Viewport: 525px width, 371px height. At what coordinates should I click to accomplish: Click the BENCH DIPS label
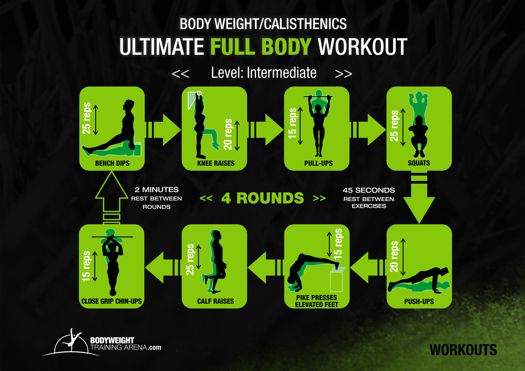[112, 163]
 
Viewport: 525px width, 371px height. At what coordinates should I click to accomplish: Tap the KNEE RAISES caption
[216, 163]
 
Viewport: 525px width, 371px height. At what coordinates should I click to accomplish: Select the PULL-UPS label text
[318, 163]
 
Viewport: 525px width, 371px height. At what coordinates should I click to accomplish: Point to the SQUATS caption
[419, 163]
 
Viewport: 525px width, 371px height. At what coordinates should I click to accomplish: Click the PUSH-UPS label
[419, 302]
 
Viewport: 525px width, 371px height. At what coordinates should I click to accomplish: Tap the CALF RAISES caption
[216, 301]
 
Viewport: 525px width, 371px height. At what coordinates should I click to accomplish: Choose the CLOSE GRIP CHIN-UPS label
[112, 301]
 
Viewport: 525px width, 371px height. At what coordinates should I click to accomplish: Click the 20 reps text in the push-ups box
[394, 257]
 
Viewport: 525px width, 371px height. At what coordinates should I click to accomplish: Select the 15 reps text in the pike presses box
[338, 244]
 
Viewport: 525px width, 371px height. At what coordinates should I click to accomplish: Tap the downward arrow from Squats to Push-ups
[419, 200]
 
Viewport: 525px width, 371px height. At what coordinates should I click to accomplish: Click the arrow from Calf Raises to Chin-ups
[162, 267]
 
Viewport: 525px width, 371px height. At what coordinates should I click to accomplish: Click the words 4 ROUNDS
[262, 198]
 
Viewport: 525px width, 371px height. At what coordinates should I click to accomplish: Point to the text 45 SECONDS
[369, 190]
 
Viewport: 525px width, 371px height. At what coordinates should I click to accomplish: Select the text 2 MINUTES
[157, 190]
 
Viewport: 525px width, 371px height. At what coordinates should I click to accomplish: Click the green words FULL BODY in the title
[261, 47]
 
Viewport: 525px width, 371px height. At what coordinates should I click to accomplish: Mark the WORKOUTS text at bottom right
[463, 350]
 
